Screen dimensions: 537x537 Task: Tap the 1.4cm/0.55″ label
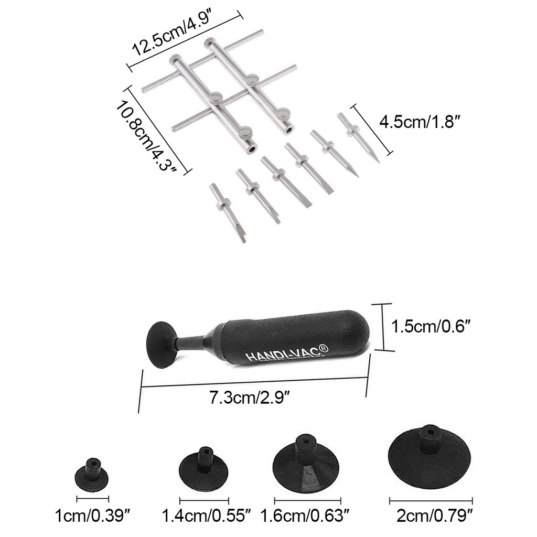coord(206,516)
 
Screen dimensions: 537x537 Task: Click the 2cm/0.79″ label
coord(434,516)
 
